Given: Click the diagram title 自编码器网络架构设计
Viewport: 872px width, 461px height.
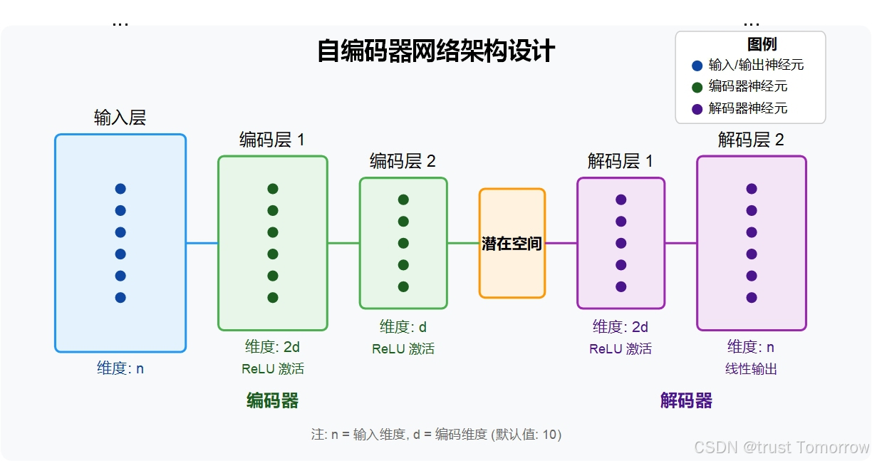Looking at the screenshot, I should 435,52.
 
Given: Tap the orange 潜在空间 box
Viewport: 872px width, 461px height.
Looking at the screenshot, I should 512,244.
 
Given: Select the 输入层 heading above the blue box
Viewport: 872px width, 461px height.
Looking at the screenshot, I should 120,118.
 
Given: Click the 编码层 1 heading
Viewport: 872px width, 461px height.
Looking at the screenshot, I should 271,140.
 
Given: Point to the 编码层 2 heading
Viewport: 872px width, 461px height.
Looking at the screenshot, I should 403,161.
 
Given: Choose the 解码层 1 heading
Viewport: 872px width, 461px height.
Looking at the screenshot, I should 620,161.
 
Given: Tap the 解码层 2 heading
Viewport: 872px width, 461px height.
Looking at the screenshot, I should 751,140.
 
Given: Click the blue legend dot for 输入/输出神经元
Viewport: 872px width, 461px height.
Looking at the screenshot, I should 697,66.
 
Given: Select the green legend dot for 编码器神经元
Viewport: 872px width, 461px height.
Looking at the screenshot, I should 697,87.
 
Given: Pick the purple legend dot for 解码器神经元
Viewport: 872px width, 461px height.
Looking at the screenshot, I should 697,109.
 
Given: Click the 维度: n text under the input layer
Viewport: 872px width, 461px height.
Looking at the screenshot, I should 120,368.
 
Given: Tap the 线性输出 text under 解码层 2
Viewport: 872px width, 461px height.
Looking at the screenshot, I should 751,369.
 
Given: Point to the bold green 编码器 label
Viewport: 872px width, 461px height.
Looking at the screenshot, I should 272,401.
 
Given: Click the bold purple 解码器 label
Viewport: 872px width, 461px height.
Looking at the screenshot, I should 686,401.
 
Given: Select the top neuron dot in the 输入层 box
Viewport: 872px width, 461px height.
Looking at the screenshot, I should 120,189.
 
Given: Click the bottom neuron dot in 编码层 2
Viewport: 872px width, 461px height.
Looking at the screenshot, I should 403,286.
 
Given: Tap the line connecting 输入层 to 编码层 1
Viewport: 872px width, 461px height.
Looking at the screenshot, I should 202,243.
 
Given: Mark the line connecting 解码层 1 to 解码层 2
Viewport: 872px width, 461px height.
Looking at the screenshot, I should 680,243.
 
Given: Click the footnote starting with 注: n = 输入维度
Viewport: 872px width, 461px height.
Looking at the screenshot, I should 436,434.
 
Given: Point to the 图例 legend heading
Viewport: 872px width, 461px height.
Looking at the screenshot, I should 762,44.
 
